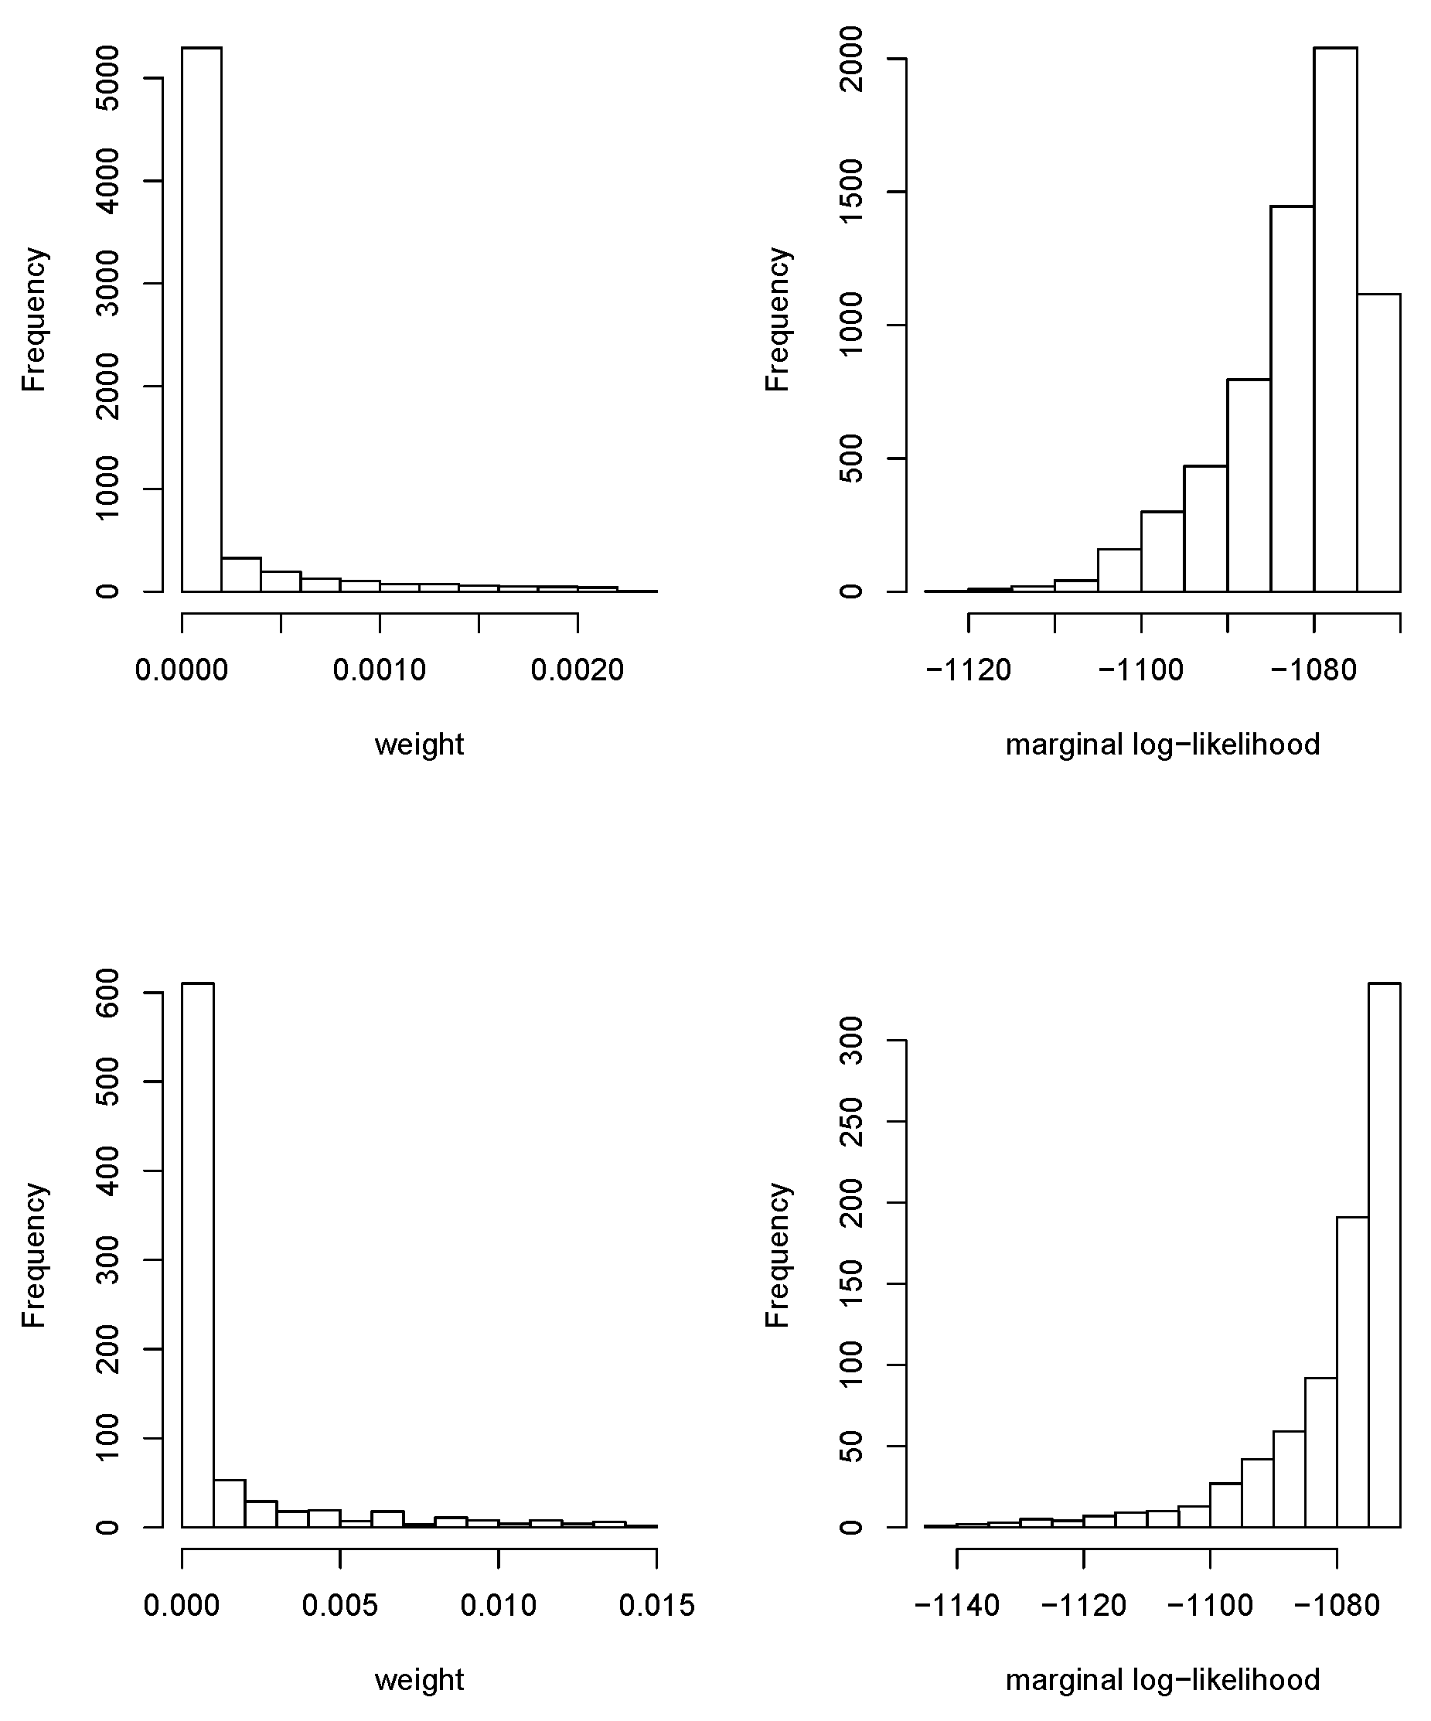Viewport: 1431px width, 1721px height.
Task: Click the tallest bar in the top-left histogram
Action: (x=202, y=319)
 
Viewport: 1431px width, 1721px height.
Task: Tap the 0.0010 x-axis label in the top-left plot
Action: (x=380, y=670)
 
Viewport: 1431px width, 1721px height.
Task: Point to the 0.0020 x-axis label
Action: (x=577, y=670)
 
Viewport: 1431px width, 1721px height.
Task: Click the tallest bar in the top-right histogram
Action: (x=1335, y=319)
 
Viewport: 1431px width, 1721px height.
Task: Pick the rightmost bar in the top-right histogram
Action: (x=1378, y=442)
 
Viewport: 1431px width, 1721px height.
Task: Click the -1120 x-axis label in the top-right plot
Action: (x=968, y=670)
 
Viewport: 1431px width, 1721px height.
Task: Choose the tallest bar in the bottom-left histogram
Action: (x=197, y=1254)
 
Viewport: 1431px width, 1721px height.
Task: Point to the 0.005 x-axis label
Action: (x=340, y=1604)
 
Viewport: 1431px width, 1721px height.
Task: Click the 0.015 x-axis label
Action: (x=656, y=1604)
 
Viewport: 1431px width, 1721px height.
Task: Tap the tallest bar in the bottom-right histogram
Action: (x=1385, y=1254)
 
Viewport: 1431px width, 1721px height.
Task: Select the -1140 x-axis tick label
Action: (x=956, y=1604)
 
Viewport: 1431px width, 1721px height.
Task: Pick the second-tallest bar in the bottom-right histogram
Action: (x=1352, y=1377)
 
